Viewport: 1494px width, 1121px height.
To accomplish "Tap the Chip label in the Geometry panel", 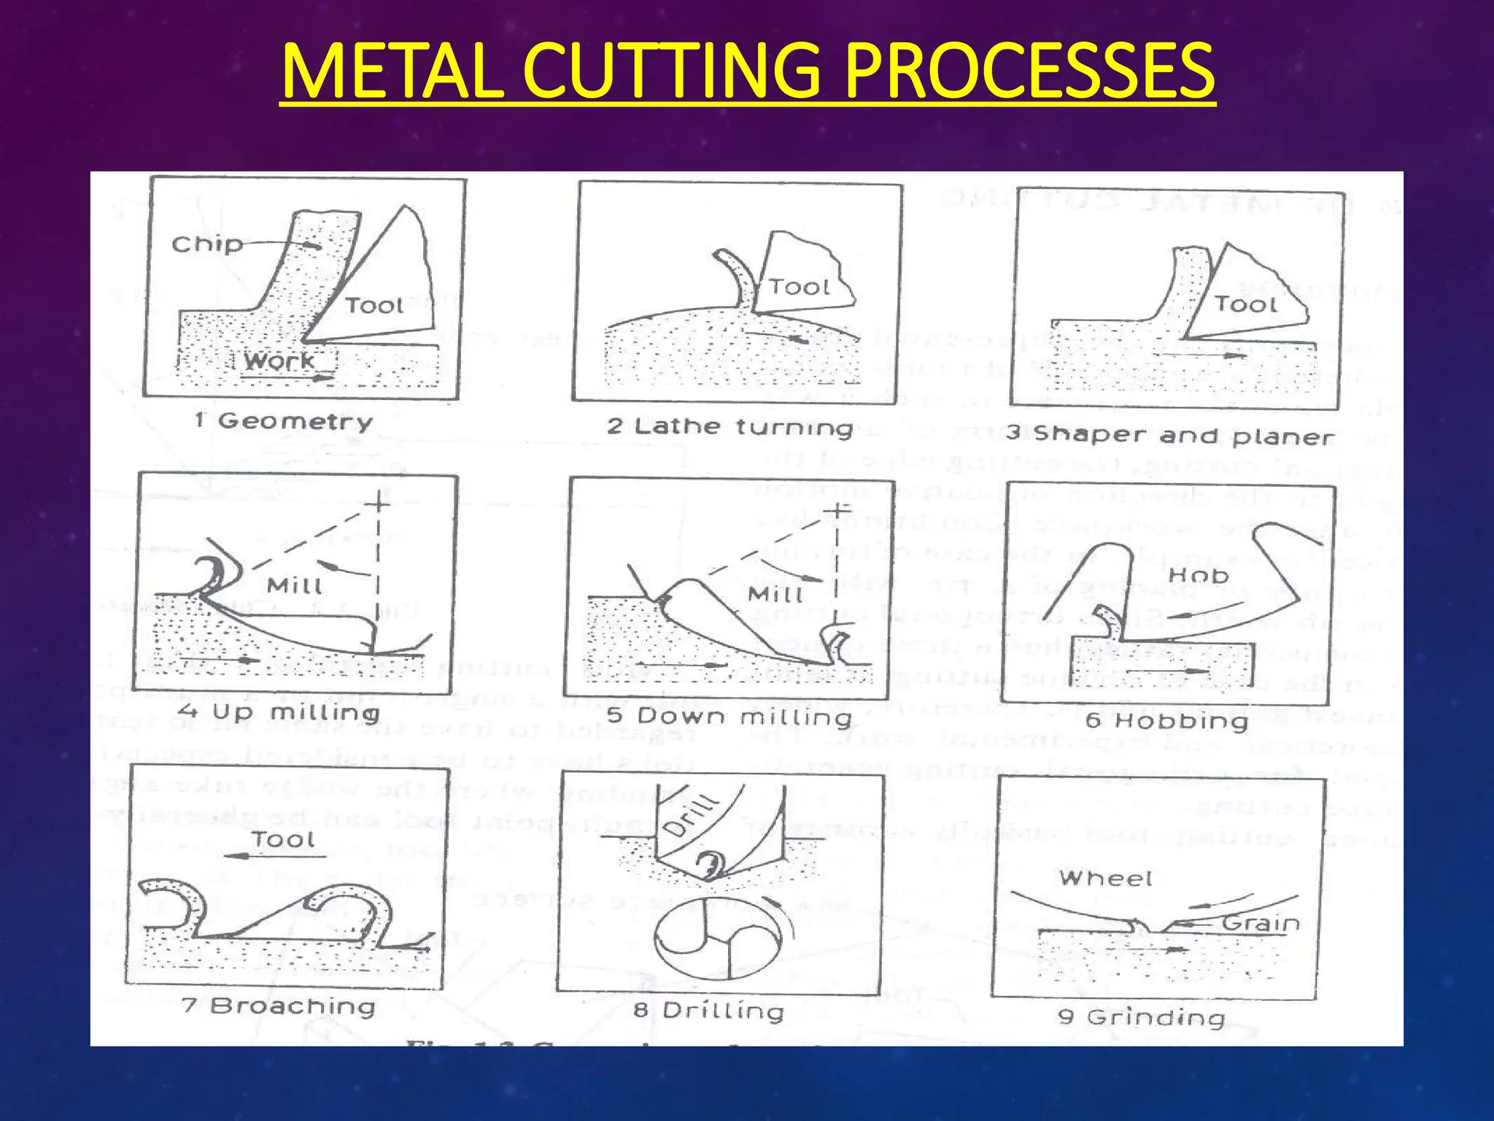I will pyautogui.click(x=207, y=244).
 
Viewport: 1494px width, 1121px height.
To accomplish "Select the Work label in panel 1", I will pyautogui.click(x=279, y=361).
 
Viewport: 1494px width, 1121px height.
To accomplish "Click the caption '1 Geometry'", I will pyautogui.click(x=284, y=421).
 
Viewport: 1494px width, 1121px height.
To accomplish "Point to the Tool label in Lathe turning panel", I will pyautogui.click(x=800, y=287).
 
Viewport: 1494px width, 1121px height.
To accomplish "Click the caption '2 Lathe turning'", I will pyautogui.click(x=729, y=427).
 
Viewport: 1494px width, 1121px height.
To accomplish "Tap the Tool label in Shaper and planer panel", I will pyautogui.click(x=1245, y=304).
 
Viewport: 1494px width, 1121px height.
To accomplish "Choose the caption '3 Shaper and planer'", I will pyautogui.click(x=1169, y=435).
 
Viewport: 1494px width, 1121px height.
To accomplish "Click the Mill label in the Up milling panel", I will pyautogui.click(x=294, y=585).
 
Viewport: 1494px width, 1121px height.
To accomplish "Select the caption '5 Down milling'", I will pyautogui.click(x=729, y=717).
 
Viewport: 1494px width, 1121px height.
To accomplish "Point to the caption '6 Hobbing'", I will pyautogui.click(x=1166, y=721).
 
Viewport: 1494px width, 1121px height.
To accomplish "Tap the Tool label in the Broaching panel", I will pyautogui.click(x=283, y=839).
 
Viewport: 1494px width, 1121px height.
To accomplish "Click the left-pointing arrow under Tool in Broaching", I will pyautogui.click(x=274, y=857).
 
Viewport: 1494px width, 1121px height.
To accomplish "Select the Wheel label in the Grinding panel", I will pyautogui.click(x=1105, y=878).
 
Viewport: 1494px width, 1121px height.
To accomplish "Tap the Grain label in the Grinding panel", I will pyautogui.click(x=1260, y=923).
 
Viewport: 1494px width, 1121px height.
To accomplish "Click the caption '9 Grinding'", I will pyautogui.click(x=1141, y=1017).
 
